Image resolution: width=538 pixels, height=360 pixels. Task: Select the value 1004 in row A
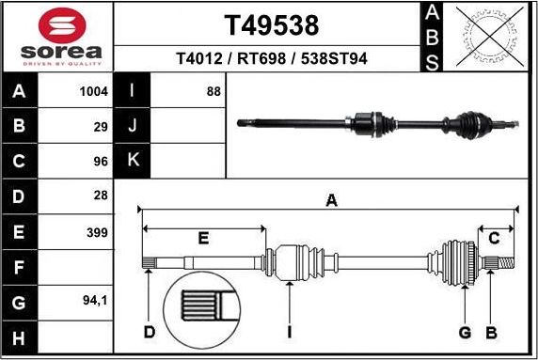(95, 92)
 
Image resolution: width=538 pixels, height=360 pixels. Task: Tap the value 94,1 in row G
(95, 302)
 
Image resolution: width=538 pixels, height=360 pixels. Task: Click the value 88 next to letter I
(213, 92)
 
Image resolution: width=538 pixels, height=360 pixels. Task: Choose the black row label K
(133, 160)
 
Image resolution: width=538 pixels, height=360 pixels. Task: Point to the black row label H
(20, 337)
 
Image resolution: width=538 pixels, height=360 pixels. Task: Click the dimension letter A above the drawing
(331, 199)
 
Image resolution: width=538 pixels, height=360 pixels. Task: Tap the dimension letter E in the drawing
(203, 239)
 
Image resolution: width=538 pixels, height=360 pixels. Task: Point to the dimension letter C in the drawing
(494, 239)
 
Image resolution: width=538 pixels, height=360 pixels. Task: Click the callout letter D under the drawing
(149, 331)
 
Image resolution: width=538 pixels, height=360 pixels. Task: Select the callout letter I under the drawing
(291, 331)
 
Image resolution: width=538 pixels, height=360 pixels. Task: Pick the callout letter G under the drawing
(465, 331)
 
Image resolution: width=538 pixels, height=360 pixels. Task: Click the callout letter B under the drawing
(490, 331)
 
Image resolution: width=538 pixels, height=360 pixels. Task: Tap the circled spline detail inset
(204, 309)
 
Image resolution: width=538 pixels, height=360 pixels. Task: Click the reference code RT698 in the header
(264, 59)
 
